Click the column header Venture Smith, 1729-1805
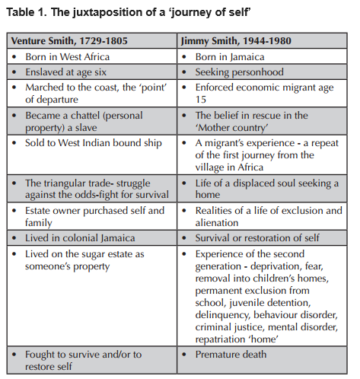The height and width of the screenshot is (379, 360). pos(69,41)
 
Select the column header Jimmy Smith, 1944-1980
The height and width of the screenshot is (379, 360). pos(236,41)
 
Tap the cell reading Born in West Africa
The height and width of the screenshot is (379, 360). pos(67,57)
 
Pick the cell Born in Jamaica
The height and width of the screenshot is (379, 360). pos(230,57)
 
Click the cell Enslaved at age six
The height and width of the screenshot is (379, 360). pos(65,72)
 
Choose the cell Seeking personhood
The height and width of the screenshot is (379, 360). pos(239,72)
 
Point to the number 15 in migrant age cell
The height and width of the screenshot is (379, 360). pos(200,100)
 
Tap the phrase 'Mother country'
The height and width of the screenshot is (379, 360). pos(231,128)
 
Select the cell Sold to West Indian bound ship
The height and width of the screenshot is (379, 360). pos(93,143)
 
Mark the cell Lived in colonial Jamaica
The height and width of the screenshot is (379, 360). pos(80,238)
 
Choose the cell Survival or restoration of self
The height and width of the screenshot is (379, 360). pos(257,238)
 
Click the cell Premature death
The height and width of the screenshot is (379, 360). pos(231,355)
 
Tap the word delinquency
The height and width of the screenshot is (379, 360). pos(222,315)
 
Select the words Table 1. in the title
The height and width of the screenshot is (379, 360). pos(27,12)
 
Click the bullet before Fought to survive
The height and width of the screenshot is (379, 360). pos(14,355)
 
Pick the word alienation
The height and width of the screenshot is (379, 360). pos(217,223)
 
